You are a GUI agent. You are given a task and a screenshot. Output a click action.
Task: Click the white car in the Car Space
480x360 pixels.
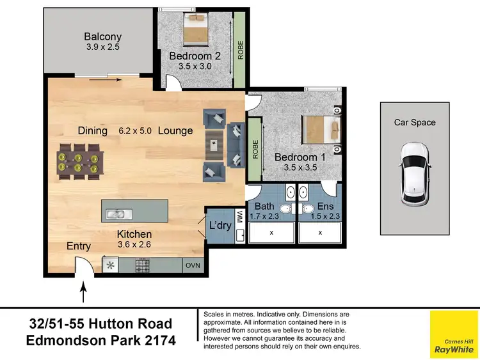pos(415,173)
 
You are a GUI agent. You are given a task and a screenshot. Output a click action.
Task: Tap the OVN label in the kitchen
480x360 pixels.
pos(192,264)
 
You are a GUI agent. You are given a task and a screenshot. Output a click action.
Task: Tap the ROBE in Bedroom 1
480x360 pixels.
pos(255,149)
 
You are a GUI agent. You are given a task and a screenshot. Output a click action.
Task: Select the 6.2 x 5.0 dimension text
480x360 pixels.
pos(135,130)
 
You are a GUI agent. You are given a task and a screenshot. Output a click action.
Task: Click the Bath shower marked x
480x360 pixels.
pos(271,232)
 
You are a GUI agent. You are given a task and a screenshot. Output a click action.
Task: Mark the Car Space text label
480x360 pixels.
pos(415,123)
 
